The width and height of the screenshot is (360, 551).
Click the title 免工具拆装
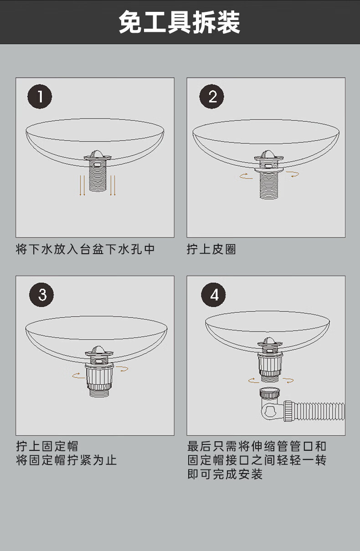click(180, 22)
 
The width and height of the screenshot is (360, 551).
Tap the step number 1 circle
click(40, 97)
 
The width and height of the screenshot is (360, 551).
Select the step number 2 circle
click(211, 97)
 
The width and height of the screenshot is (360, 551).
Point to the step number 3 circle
click(41, 295)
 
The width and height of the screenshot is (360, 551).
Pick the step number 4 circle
click(213, 295)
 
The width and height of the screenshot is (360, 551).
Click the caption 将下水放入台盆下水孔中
click(85, 249)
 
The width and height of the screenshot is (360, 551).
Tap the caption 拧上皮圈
click(211, 249)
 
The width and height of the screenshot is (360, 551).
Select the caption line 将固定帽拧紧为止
click(66, 460)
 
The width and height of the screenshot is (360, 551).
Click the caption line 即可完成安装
click(225, 474)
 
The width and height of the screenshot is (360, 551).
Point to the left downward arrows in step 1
click(82, 185)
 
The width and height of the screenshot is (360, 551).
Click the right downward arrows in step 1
click(113, 185)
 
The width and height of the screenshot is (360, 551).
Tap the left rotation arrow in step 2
click(246, 176)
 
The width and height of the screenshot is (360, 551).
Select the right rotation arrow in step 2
click(293, 174)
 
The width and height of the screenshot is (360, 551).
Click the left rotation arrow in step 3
click(78, 376)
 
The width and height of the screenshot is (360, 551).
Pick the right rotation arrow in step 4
click(288, 380)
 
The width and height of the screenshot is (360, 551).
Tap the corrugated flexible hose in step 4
click(320, 411)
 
